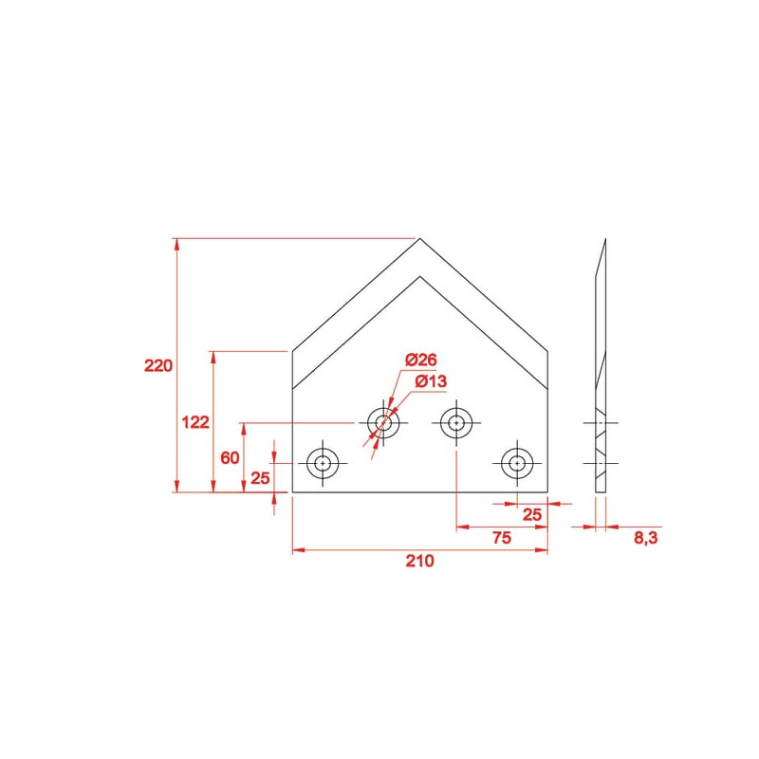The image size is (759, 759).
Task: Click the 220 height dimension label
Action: click(158, 365)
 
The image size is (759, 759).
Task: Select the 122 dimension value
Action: click(195, 422)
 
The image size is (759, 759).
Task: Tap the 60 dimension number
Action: click(230, 457)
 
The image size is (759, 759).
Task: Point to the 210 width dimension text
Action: click(419, 561)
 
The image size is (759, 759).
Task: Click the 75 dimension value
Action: click(502, 537)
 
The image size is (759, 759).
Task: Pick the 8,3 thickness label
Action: click(646, 537)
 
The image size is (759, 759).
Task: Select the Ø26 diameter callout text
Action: click(421, 360)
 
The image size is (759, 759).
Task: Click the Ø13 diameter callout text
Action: click(431, 381)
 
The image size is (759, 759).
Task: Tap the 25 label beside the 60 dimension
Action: click(260, 478)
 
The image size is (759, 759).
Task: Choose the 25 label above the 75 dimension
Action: click(532, 514)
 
